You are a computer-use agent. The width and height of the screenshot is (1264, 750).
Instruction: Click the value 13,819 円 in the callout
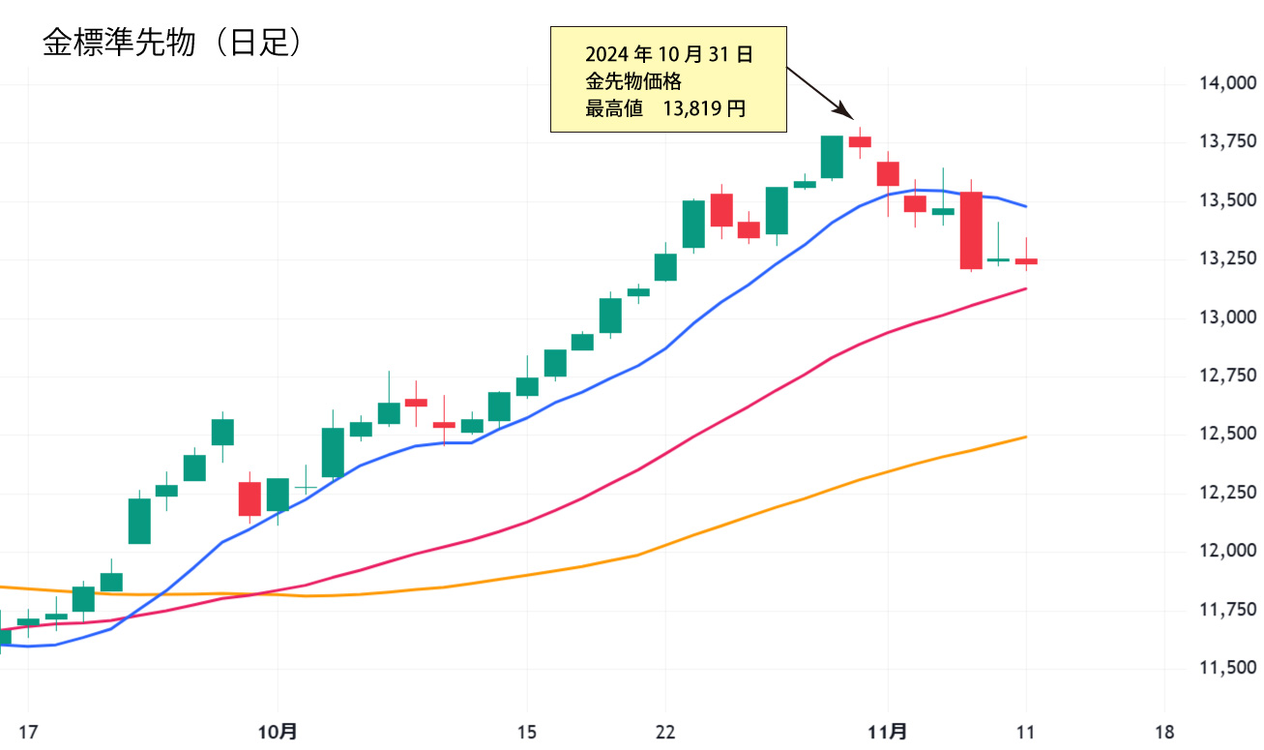pyautogui.click(x=704, y=108)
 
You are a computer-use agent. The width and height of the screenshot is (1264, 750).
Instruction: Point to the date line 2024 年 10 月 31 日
pyautogui.click(x=669, y=54)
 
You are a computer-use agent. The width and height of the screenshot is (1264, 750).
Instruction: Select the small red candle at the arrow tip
pyautogui.click(x=860, y=141)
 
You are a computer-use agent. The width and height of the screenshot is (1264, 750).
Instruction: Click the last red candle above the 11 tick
pyautogui.click(x=1026, y=261)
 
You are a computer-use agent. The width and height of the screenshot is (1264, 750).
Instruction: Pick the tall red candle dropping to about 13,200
pyautogui.click(x=971, y=230)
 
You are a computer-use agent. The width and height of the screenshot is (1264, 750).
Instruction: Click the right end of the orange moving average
pyautogui.click(x=1025, y=436)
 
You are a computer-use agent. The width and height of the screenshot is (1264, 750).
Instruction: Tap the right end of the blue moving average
pyautogui.click(x=1025, y=206)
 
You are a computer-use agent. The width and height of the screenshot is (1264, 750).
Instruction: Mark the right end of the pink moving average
pyautogui.click(x=1025, y=288)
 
